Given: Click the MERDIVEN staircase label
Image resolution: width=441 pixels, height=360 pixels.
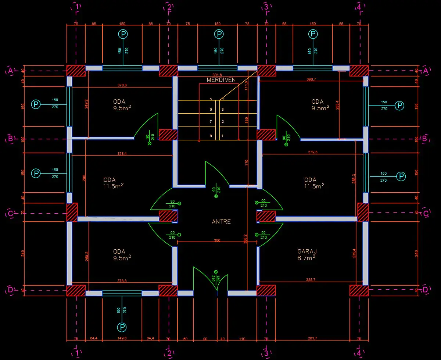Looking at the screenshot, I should pyautogui.click(x=221, y=80).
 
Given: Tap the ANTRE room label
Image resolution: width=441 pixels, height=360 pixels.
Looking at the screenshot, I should pyautogui.click(x=221, y=221).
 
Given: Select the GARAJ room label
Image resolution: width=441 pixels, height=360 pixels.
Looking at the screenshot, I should pyautogui.click(x=307, y=252).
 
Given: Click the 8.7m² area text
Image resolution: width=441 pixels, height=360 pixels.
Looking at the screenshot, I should pyautogui.click(x=307, y=258).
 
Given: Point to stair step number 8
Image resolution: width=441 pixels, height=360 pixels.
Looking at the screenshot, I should pyautogui.click(x=211, y=136).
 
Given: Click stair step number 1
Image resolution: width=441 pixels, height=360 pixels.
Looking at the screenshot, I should pyautogui.click(x=222, y=136).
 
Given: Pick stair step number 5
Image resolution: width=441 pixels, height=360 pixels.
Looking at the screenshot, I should pyautogui.click(x=211, y=99).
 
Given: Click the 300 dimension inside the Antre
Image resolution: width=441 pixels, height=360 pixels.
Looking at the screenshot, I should pyautogui.click(x=217, y=240).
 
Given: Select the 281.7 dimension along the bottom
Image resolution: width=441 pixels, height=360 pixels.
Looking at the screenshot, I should pyautogui.click(x=312, y=338).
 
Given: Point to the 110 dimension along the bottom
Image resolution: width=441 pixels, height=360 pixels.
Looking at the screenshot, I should pyautogui.click(x=242, y=338).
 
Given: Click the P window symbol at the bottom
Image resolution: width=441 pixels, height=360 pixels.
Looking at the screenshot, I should pyautogui.click(x=121, y=327).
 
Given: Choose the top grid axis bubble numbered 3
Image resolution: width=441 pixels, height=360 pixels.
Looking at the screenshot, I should pyautogui.click(x=266, y=7).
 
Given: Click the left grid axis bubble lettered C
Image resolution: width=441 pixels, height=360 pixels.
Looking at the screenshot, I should pyautogui.click(x=10, y=214).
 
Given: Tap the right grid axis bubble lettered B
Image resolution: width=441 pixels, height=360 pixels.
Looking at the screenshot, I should pyautogui.click(x=425, y=139).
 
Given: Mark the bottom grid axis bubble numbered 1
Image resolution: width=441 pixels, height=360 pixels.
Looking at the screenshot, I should pyautogui.click(x=76, y=353).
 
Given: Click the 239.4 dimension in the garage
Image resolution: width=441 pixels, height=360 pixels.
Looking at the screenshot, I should pyautogui.click(x=354, y=254).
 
